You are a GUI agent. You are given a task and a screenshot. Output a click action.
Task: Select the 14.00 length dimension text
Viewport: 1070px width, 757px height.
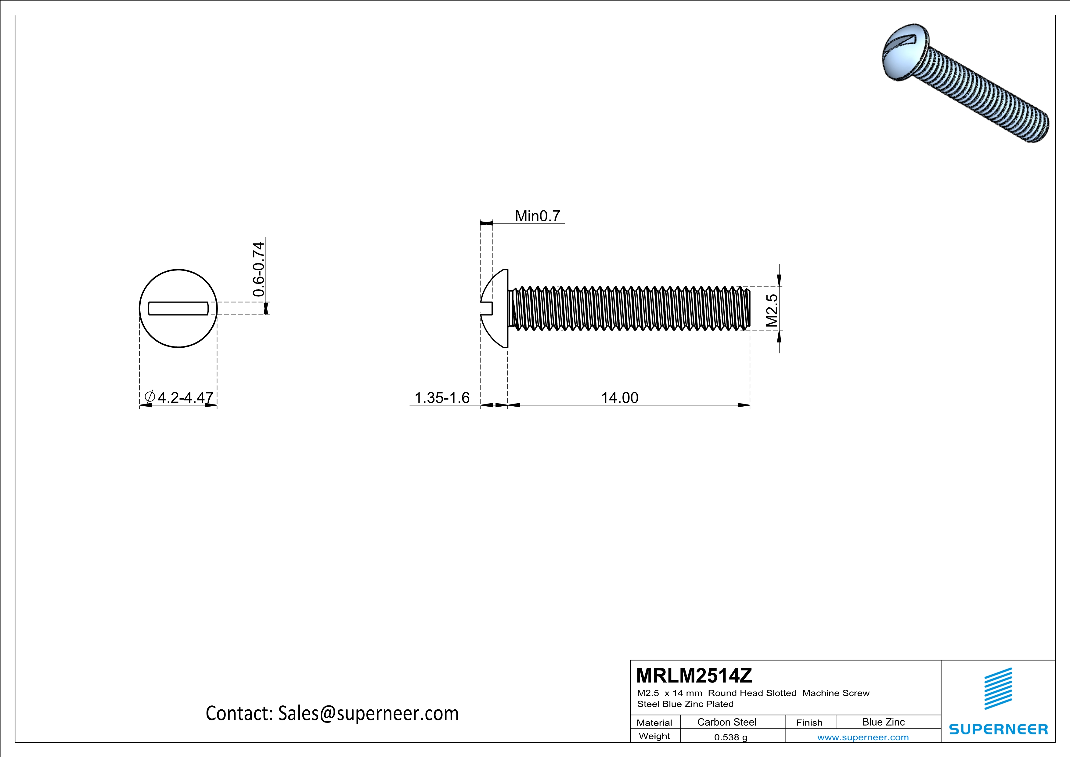[x=619, y=398]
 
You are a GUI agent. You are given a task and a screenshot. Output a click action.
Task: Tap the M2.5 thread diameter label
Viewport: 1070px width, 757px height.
[x=772, y=310]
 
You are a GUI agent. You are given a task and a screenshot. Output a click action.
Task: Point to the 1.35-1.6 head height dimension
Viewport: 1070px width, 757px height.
[x=442, y=398]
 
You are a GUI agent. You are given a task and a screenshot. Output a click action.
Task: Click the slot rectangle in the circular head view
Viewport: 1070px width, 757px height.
[x=178, y=308]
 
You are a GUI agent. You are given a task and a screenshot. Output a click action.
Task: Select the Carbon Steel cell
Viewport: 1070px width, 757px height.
[x=726, y=722]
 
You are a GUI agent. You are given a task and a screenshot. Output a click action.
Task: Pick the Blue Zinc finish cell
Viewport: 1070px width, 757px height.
[x=883, y=722]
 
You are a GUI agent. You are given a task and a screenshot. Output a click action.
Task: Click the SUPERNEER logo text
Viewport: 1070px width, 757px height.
[x=998, y=729]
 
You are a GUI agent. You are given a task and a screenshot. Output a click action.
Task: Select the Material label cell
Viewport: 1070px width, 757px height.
[x=654, y=723]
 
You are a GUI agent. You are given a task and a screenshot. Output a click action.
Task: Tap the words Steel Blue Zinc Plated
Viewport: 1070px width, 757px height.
[x=685, y=704]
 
